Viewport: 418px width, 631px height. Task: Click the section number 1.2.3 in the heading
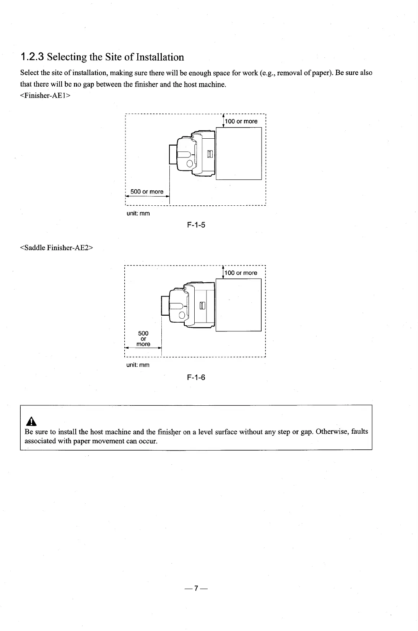click(x=33, y=57)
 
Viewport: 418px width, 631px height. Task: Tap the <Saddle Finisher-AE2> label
click(x=57, y=247)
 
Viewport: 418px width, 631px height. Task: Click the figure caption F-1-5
click(x=196, y=225)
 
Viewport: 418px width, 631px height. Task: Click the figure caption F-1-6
click(x=196, y=377)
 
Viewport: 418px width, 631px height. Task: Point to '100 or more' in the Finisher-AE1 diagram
click(x=241, y=121)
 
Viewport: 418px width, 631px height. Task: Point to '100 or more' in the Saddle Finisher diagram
click(x=241, y=273)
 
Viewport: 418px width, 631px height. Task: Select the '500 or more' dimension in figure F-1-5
click(x=147, y=192)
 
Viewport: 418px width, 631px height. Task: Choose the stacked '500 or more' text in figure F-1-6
click(x=143, y=339)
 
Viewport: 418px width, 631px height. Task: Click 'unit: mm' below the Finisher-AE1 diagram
click(x=138, y=213)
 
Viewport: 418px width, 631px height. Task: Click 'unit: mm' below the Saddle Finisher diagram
click(x=138, y=365)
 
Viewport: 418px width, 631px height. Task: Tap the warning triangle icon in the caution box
click(x=29, y=422)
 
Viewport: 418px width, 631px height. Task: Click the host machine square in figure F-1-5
click(x=239, y=153)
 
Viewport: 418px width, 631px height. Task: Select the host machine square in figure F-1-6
click(x=238, y=305)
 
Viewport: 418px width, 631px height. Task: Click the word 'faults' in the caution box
click(x=359, y=432)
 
